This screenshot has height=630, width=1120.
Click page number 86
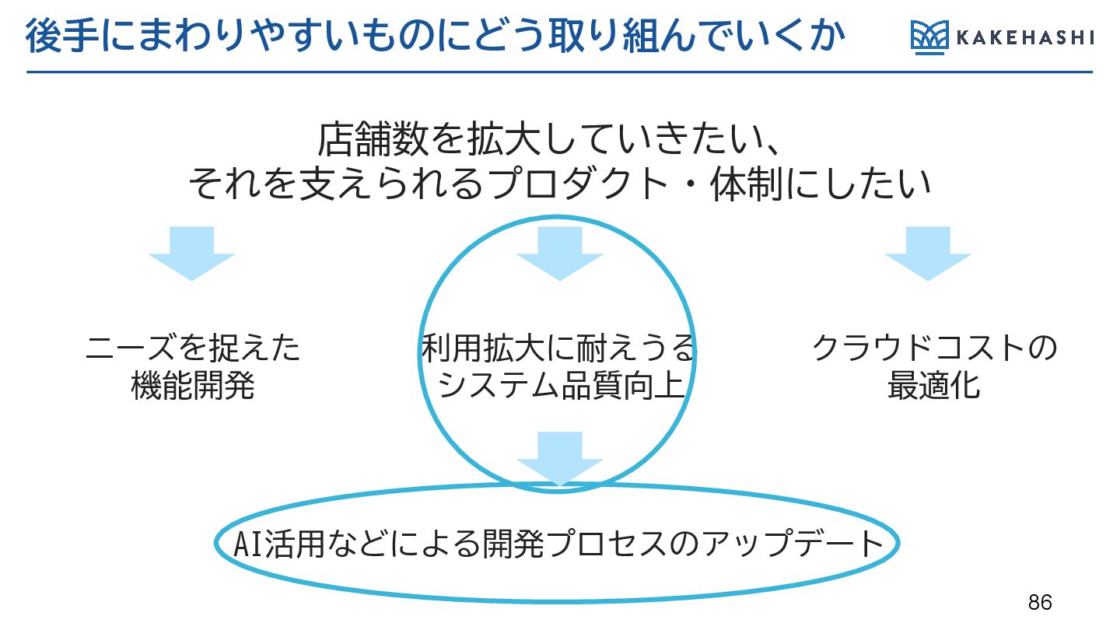tap(1040, 602)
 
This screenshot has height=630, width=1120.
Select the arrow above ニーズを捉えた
tap(191, 254)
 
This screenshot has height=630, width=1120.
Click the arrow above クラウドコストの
tap(927, 254)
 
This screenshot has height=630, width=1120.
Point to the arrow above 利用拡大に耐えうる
tap(559, 254)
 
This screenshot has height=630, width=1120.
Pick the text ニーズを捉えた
tap(192, 348)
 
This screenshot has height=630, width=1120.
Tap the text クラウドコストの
tap(934, 348)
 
